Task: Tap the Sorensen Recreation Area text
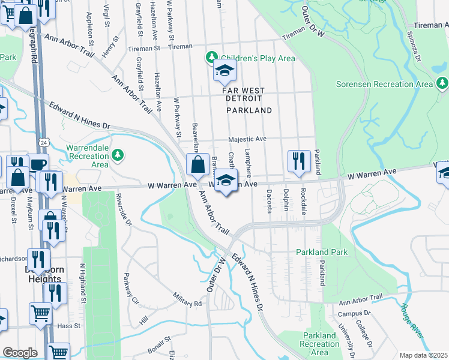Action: tap(384, 84)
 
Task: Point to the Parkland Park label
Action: tap(322, 253)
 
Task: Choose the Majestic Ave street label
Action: tap(247, 139)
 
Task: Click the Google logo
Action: tap(20, 352)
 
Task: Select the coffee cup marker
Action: tap(38, 163)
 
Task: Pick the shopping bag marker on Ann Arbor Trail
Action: tap(197, 164)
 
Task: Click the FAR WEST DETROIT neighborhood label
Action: tap(248, 90)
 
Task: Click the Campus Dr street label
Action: tap(354, 313)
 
